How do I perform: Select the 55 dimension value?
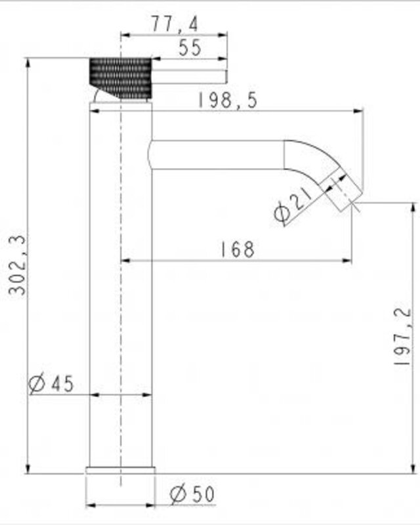(190, 47)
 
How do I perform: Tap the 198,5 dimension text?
(228, 100)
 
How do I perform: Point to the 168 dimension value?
(238, 249)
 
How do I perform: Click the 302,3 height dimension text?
(17, 265)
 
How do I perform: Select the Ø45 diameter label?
(51, 384)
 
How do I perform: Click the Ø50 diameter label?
(192, 494)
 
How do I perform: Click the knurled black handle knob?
(120, 79)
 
